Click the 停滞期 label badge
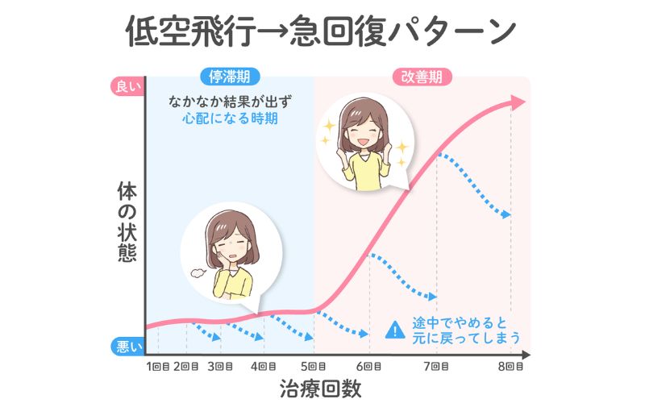pyautogui.click(x=230, y=77)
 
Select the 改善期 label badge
pyautogui.click(x=421, y=77)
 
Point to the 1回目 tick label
pyautogui.click(x=158, y=367)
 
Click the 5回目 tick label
pyautogui.click(x=314, y=367)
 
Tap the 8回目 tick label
pyautogui.click(x=510, y=367)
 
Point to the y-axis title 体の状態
pyautogui.click(x=127, y=220)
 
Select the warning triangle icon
pyautogui.click(x=394, y=329)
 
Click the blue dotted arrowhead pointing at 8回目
pyautogui.click(x=506, y=215)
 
